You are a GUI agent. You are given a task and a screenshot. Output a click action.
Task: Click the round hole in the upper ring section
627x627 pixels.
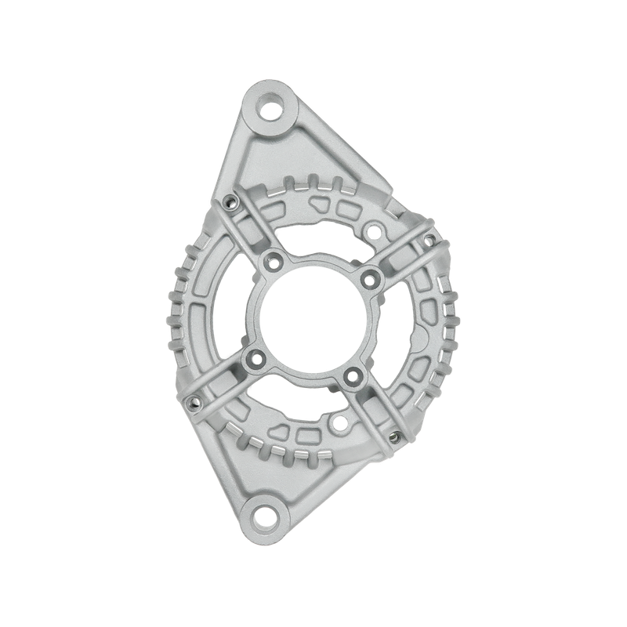(375, 230)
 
